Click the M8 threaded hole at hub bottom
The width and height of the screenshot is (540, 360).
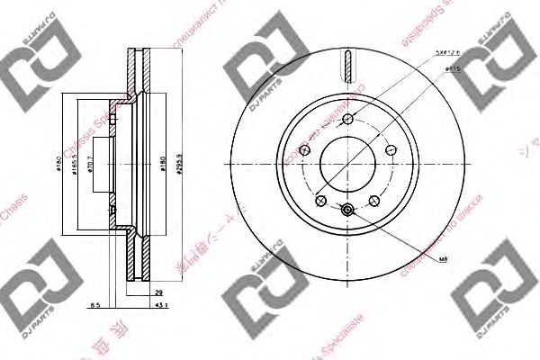pos(348,211)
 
